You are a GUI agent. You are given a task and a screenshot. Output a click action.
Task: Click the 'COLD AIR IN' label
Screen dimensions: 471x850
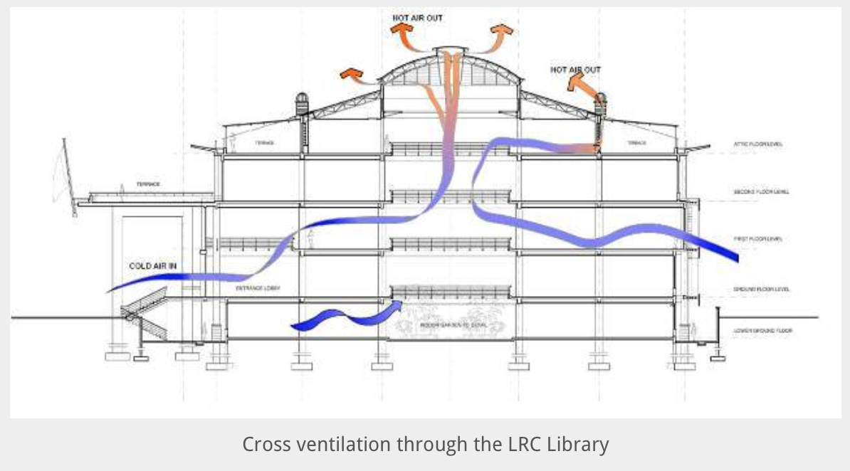click(152, 266)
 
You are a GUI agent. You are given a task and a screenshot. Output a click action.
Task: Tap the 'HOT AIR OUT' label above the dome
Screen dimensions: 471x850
click(418, 16)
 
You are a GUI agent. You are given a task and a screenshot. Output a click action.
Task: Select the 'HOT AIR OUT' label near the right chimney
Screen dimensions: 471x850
click(575, 70)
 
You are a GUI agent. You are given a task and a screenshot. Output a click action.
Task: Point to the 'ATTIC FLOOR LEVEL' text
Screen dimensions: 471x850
click(759, 144)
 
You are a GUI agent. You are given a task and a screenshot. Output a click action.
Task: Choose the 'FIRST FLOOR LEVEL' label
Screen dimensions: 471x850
click(758, 239)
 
